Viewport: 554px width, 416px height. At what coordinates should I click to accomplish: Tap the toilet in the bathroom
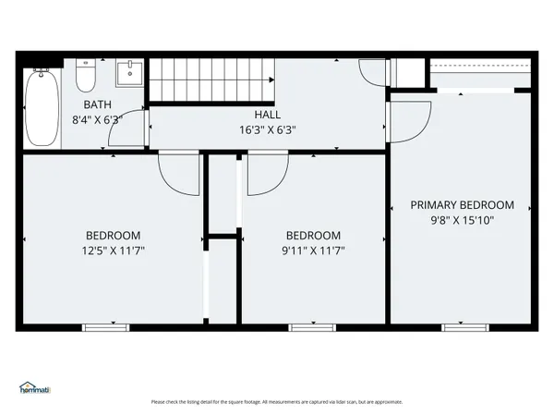coord(84,73)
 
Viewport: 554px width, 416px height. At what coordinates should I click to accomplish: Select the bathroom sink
coord(130,74)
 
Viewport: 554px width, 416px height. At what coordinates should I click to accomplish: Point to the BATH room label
coord(98,104)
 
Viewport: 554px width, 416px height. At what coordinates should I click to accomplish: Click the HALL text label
coord(268,115)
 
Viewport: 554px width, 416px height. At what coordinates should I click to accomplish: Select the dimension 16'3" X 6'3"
coord(268,130)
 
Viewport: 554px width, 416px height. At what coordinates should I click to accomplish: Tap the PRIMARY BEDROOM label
coord(462,205)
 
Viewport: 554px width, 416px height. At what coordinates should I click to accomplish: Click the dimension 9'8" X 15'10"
coord(462,221)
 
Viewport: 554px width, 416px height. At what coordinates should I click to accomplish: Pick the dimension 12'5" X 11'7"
coord(113,251)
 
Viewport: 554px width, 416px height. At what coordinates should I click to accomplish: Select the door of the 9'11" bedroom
coord(265,173)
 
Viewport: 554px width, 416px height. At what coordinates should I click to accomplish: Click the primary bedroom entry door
coord(410,118)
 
